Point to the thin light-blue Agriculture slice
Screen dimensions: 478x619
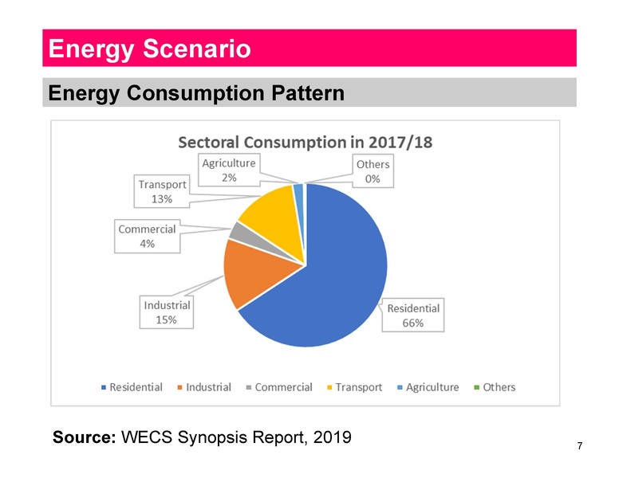pos(299,190)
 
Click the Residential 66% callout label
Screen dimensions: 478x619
pos(413,315)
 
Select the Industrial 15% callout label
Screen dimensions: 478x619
pos(167,312)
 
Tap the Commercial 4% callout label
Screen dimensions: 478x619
pos(147,237)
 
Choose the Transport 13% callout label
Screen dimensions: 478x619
pos(163,191)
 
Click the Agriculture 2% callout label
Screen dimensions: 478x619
pos(228,170)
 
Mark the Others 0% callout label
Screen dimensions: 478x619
pos(372,171)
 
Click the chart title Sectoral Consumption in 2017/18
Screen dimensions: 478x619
pos(304,142)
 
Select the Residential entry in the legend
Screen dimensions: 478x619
pos(131,387)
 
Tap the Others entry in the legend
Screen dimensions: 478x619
pos(495,387)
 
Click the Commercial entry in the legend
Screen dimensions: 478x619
pos(278,387)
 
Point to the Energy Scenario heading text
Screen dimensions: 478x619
pos(150,49)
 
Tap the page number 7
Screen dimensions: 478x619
pos(579,447)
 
